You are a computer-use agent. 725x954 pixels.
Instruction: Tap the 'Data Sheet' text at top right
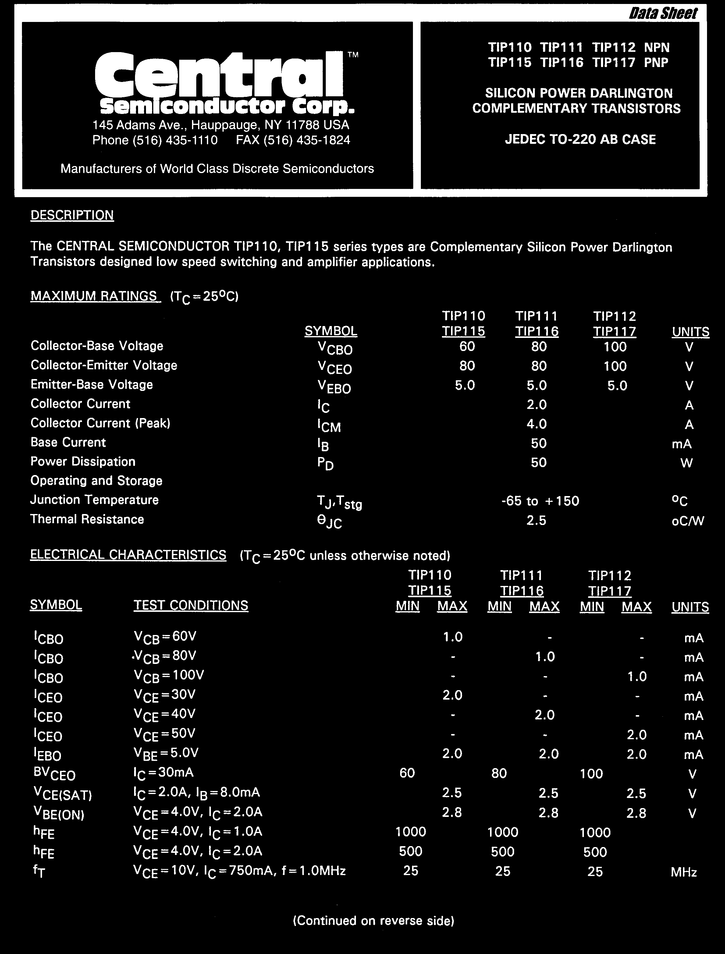pos(663,14)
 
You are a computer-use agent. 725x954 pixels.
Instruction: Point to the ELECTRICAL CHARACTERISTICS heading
pos(128,555)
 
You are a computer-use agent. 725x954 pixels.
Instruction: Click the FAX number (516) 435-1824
pos(293,140)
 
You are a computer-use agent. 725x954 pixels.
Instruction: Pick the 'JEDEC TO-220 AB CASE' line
pos(581,139)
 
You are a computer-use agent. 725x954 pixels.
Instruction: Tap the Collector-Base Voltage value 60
pos(467,346)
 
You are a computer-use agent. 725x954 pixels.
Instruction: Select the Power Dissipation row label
pos(83,462)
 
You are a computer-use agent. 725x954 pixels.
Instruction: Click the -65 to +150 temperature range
pos(540,501)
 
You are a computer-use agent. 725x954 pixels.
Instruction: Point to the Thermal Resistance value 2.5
pos(536,520)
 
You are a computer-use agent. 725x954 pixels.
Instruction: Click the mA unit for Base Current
pos(682,444)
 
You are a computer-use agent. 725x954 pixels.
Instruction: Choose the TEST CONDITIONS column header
pos(191,605)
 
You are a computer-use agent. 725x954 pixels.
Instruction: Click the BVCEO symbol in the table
pos(54,774)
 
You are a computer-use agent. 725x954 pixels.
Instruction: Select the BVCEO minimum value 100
pos(591,774)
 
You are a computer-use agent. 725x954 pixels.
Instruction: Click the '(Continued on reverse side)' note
pos(374,920)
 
